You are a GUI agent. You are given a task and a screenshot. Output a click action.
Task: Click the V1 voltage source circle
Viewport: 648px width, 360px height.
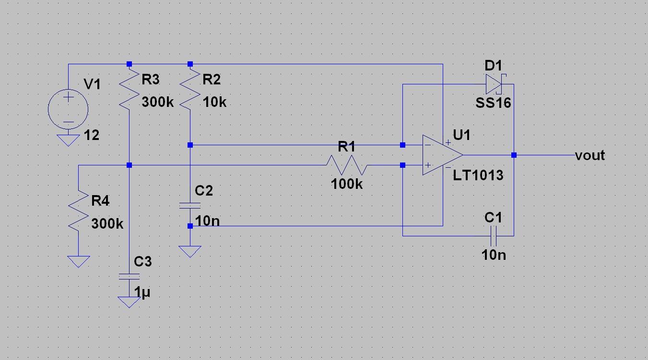click(68, 109)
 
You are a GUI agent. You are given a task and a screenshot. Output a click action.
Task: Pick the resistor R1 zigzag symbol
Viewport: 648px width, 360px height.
click(347, 165)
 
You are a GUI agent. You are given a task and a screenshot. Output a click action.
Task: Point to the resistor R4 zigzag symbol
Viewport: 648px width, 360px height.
click(78, 210)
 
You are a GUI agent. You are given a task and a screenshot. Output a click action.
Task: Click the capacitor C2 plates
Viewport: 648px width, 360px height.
click(190, 206)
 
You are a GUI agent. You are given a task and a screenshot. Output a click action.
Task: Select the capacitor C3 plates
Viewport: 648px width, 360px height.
click(129, 277)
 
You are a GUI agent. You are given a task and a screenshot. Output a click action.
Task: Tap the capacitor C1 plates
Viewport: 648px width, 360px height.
click(494, 236)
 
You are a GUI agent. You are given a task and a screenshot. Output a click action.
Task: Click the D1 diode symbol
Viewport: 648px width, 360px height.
click(494, 84)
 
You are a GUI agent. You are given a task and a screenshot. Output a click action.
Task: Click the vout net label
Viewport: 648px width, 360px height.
click(590, 155)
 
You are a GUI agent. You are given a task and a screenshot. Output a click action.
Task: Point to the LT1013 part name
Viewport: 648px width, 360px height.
click(478, 175)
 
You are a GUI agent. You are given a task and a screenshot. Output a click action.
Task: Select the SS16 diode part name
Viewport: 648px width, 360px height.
click(493, 103)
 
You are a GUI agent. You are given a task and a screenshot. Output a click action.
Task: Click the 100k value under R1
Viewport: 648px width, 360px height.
click(347, 184)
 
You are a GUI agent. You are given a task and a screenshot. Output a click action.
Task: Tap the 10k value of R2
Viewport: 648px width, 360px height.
click(214, 102)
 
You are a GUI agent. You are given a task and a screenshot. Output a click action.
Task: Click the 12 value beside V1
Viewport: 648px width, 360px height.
click(91, 136)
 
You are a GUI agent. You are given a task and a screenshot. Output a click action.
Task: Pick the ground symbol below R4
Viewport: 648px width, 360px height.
click(78, 261)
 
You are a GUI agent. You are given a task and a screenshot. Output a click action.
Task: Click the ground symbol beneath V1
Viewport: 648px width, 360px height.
click(68, 140)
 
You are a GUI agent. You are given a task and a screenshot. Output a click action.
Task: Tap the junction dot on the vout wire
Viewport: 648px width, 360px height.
click(514, 155)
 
